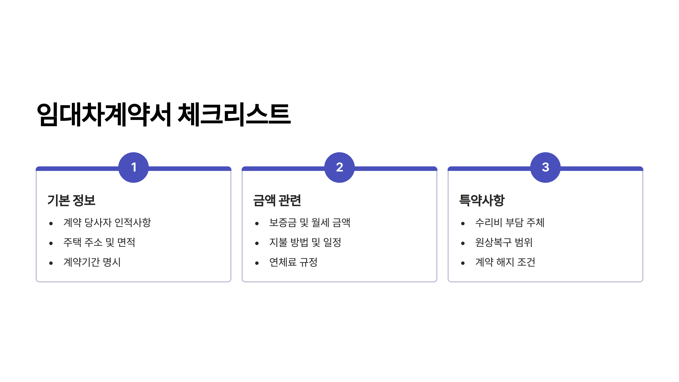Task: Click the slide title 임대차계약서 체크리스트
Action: point(164,114)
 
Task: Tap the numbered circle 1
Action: point(134,168)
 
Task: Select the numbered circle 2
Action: point(339,168)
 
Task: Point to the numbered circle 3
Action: point(545,168)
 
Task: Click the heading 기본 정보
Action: point(71,200)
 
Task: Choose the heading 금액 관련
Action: point(277,200)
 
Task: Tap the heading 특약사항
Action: point(482,200)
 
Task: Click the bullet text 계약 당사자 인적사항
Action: point(107,223)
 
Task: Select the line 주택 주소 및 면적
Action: point(99,242)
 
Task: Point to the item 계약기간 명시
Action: point(92,262)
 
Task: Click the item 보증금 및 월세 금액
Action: point(310,223)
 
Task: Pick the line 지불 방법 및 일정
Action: point(305,242)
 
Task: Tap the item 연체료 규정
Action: point(293,262)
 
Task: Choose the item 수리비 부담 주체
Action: point(510,223)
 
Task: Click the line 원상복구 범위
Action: point(504,242)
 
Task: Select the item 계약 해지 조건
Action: point(505,262)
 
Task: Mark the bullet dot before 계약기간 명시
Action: point(51,263)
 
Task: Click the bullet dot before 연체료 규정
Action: point(257,263)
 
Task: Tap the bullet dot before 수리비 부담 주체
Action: point(463,224)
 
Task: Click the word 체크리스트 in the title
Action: point(234,114)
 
